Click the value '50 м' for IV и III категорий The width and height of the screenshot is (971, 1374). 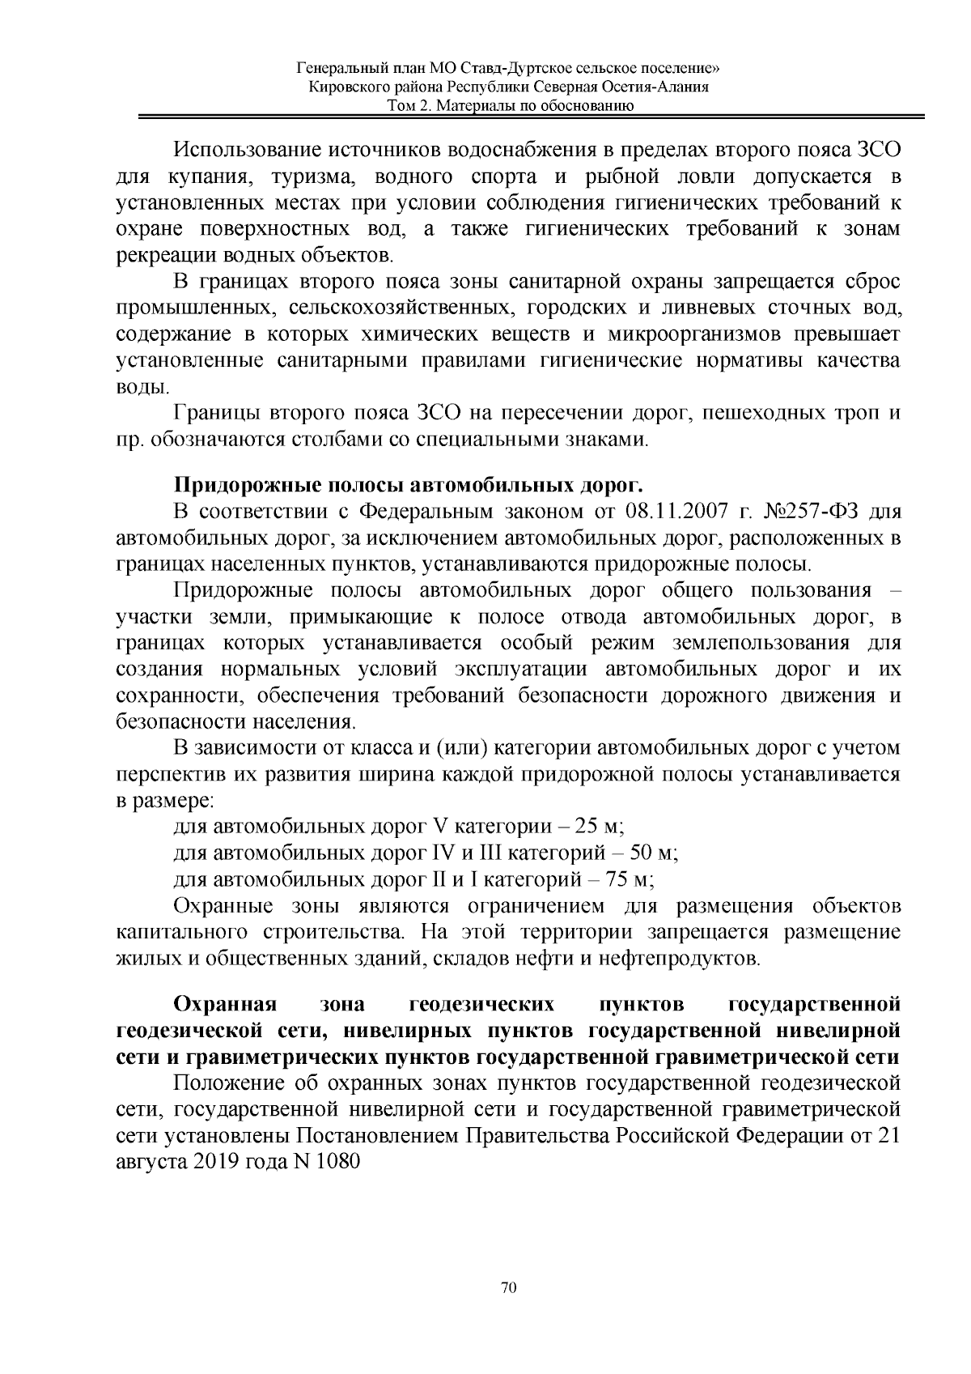[x=653, y=853]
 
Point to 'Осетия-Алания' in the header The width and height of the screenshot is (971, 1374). [x=657, y=87]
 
